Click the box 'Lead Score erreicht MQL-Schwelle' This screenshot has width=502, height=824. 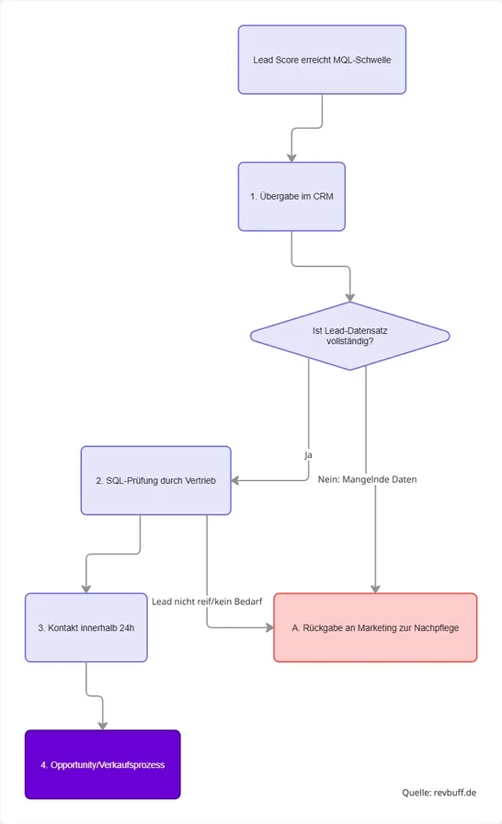[x=322, y=60]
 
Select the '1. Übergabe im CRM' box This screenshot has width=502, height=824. [x=291, y=196]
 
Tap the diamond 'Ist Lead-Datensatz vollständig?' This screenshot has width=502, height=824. [x=349, y=336]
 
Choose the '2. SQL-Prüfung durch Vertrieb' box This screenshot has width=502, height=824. [x=154, y=479]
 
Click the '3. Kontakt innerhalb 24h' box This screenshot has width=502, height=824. [x=86, y=627]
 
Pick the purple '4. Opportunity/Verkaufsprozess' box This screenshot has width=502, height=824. [x=102, y=764]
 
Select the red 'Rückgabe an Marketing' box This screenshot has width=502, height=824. [x=375, y=627]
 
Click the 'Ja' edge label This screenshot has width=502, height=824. [x=308, y=454]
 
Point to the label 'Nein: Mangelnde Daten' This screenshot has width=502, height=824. [x=366, y=479]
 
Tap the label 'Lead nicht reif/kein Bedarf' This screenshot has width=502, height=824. [x=207, y=601]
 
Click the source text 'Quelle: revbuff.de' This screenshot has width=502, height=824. [x=439, y=792]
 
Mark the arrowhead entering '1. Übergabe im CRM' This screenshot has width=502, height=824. [x=291, y=156]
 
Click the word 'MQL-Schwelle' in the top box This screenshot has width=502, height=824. [x=361, y=60]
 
